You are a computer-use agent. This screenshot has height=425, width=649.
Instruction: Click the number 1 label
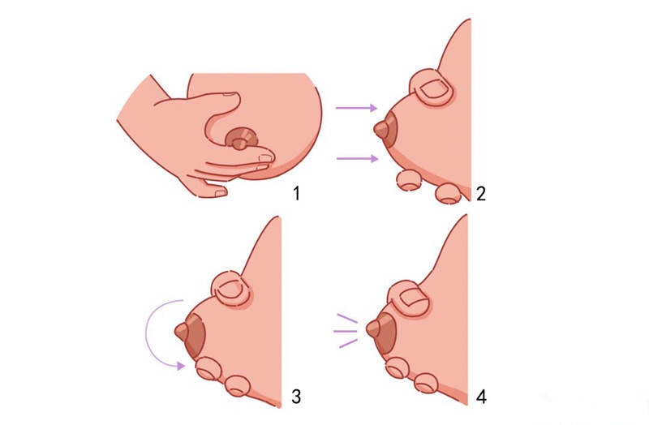(296, 193)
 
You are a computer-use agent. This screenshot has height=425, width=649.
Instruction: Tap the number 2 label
(480, 193)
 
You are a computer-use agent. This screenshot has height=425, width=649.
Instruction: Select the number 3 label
(296, 396)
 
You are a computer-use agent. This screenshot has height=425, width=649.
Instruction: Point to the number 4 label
(481, 397)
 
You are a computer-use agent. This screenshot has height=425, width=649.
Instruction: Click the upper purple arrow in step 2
(356, 108)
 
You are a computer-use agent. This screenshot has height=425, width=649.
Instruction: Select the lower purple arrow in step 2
(357, 158)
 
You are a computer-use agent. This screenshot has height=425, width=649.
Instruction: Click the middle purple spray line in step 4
(346, 331)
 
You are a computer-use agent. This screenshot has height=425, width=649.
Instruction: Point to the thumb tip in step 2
(432, 88)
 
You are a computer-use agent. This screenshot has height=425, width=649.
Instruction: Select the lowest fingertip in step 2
(449, 194)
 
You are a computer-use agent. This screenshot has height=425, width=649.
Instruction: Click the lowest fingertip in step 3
(237, 386)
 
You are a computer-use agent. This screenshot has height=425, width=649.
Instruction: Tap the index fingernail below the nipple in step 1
(265, 158)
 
